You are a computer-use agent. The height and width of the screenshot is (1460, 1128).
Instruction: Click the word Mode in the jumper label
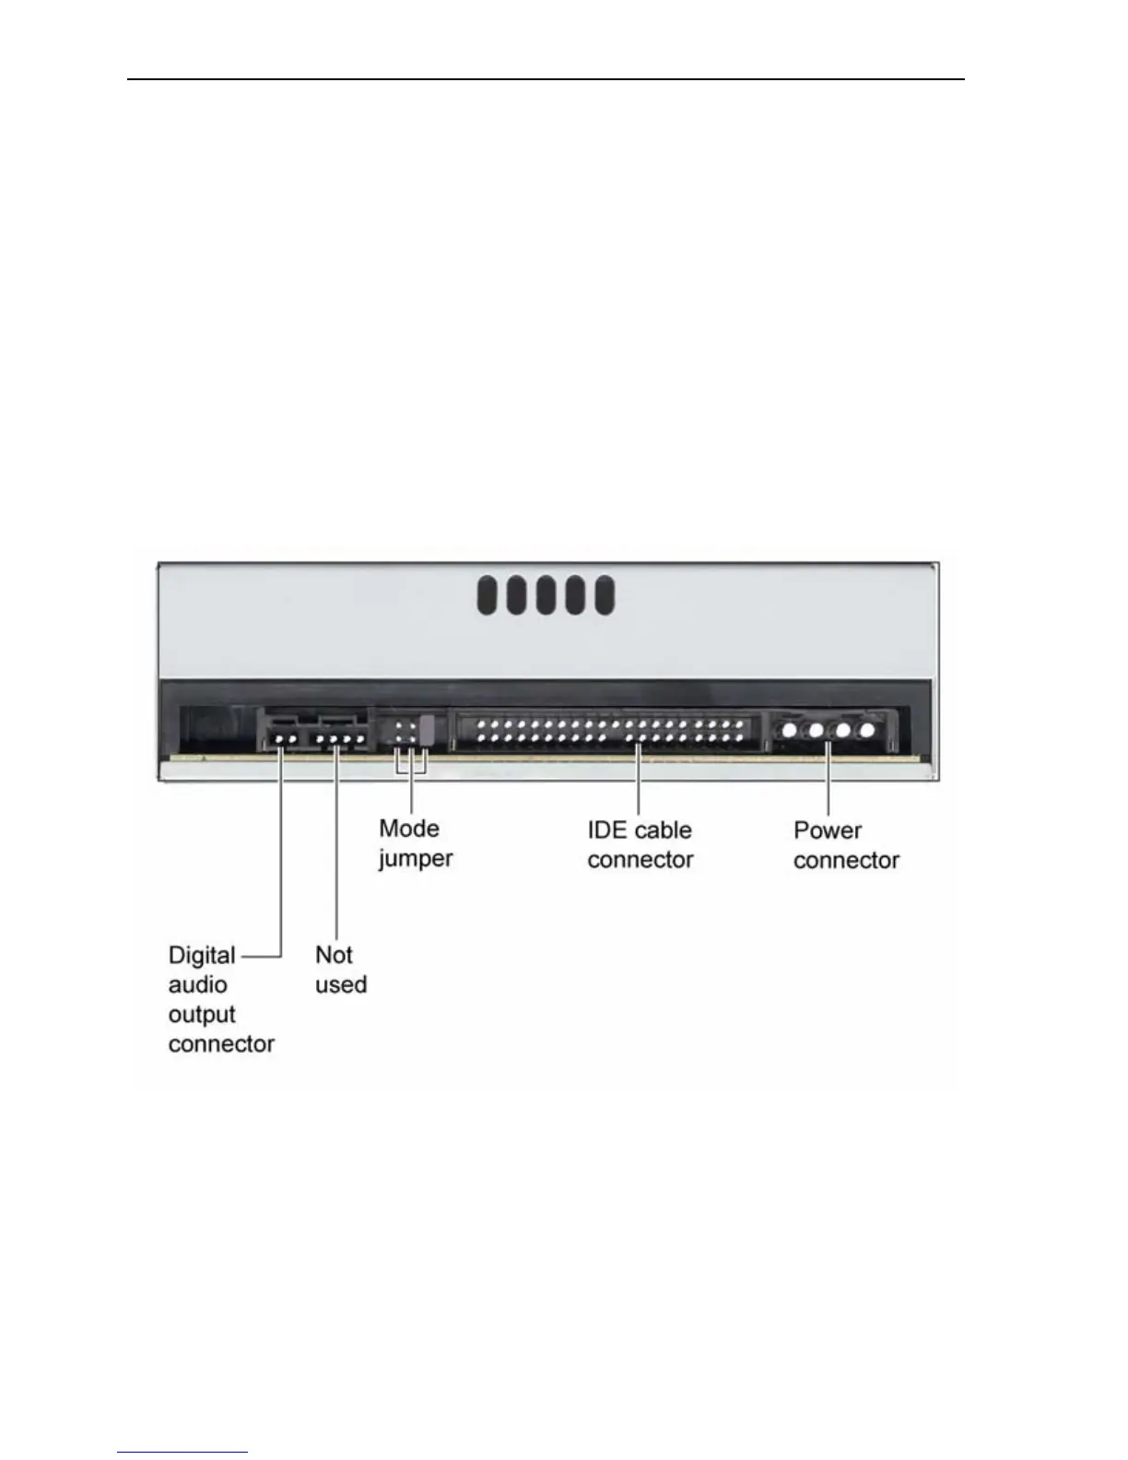click(x=409, y=828)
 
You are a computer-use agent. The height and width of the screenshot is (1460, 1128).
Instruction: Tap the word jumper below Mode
click(x=416, y=859)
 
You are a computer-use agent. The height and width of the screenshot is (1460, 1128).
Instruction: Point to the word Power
click(x=827, y=830)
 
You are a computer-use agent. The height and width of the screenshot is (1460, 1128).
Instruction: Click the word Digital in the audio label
click(x=202, y=955)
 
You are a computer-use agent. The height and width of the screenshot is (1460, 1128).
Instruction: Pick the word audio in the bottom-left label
click(x=197, y=984)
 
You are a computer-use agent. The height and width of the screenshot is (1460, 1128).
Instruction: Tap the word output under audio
click(x=202, y=1014)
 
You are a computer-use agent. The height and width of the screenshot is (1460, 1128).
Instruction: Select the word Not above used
click(x=334, y=955)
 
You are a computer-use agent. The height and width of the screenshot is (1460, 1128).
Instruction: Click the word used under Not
click(x=341, y=984)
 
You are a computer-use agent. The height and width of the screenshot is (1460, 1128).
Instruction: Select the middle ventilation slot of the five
click(x=546, y=595)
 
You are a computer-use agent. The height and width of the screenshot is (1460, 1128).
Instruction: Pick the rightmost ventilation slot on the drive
click(x=605, y=595)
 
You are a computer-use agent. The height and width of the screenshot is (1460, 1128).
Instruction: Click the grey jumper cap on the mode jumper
click(x=427, y=729)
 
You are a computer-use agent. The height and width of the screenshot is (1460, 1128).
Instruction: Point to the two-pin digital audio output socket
click(x=285, y=737)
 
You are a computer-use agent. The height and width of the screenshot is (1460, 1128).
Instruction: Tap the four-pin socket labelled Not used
click(x=341, y=737)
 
